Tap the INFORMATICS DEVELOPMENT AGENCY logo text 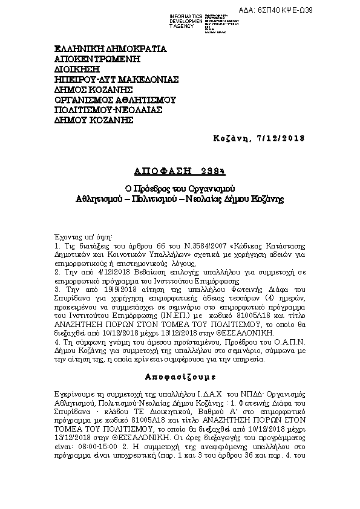(185, 20)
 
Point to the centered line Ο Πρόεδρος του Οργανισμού (180, 187)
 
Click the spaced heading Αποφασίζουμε (179, 375)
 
